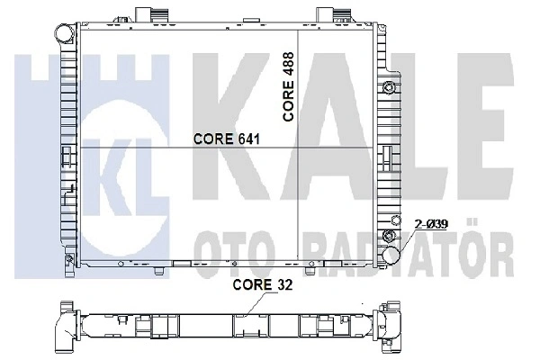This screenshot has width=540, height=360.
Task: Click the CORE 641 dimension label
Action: (227, 139)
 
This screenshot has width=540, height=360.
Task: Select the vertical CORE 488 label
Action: (288, 86)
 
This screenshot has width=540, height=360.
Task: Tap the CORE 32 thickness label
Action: (263, 285)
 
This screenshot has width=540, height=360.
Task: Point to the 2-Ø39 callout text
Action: (431, 224)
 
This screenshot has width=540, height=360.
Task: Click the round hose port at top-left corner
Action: (65, 33)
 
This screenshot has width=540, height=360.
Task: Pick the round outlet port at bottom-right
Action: (391, 255)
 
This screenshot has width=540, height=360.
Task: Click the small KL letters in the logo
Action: (118, 172)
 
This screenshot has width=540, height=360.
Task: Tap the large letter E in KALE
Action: (485, 126)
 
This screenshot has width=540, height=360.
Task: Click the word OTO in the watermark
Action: (235, 254)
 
